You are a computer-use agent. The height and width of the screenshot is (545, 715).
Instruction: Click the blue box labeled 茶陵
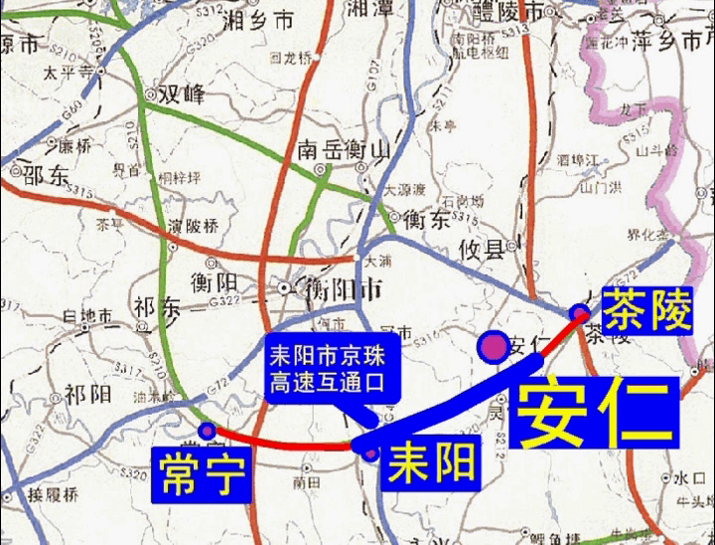[646, 309]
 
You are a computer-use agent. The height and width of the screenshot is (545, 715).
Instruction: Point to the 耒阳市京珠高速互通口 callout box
[327, 367]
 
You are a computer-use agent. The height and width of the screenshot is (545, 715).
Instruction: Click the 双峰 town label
[182, 94]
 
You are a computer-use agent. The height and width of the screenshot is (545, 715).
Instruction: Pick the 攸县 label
[481, 249]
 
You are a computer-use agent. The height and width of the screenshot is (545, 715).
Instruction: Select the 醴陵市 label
[510, 13]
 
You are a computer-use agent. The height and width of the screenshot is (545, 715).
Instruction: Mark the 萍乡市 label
[668, 43]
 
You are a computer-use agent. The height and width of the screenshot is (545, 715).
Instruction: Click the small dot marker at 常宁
[207, 431]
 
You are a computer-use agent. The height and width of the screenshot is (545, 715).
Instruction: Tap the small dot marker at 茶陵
[580, 313]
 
